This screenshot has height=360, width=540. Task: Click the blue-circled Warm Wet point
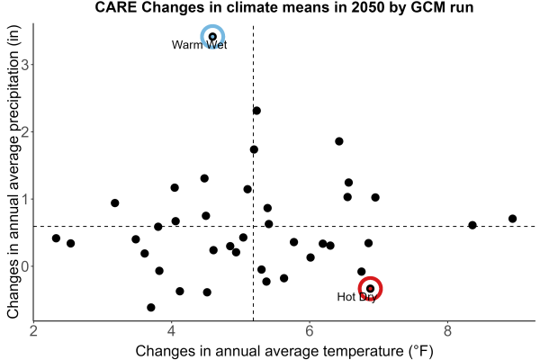tap(212, 37)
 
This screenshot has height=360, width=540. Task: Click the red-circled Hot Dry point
tap(370, 288)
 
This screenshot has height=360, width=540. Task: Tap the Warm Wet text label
tap(200, 45)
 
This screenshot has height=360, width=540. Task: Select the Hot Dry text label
tap(356, 297)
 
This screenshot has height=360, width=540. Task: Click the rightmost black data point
tap(512, 219)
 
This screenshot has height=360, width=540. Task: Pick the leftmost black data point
tap(56, 238)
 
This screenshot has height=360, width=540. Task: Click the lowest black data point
tap(151, 307)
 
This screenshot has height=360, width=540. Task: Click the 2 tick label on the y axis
tap(25, 132)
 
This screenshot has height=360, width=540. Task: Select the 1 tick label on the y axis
tap(25, 199)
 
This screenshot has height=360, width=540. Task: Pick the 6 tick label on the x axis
tap(310, 331)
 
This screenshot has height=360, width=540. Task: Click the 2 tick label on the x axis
tap(33, 331)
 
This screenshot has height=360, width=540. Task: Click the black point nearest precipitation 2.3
tap(256, 111)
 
